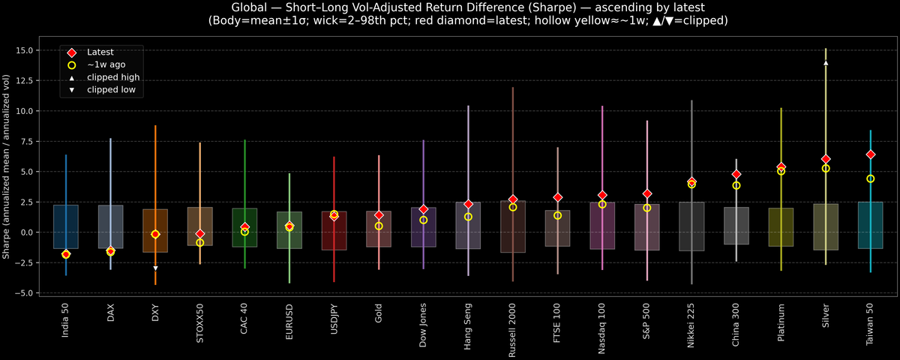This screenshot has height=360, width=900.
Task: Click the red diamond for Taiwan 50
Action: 870,154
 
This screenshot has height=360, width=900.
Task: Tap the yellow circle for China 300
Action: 736,185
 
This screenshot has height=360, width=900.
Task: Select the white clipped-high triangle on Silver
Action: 826,63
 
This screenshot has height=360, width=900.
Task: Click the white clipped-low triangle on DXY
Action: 155,268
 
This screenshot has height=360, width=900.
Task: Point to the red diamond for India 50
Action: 66,254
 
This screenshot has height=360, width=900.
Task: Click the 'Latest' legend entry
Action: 100,52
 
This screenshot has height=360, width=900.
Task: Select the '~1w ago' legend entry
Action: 106,65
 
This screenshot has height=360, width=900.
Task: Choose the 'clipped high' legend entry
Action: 113,77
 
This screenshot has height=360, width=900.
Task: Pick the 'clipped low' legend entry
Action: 112,90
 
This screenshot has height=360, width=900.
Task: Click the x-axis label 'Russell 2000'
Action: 513,328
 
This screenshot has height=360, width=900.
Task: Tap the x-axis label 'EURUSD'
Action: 289,322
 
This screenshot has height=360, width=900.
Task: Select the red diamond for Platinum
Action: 781,167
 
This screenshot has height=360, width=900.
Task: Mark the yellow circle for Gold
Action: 379,226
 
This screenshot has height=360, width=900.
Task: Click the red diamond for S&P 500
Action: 647,193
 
